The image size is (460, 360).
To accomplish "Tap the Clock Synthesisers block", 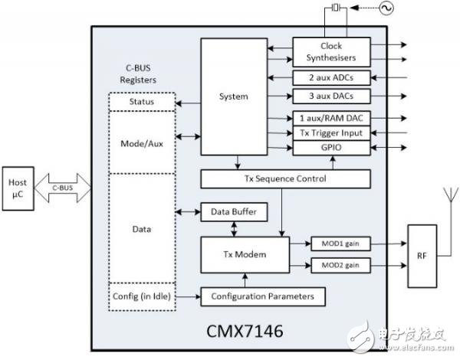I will tap(331, 51).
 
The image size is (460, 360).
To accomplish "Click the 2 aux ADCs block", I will tap(331, 78).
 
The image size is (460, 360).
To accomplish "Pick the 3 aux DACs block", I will tap(331, 97).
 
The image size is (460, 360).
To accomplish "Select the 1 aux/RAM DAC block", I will tap(331, 118).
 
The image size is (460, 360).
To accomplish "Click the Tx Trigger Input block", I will tap(331, 133).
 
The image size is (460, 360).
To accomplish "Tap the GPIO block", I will tap(331, 147).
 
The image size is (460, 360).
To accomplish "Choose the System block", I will tap(232, 97).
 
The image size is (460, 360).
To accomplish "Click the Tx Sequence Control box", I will tap(285, 178).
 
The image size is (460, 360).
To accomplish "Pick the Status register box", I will tap(141, 102).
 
